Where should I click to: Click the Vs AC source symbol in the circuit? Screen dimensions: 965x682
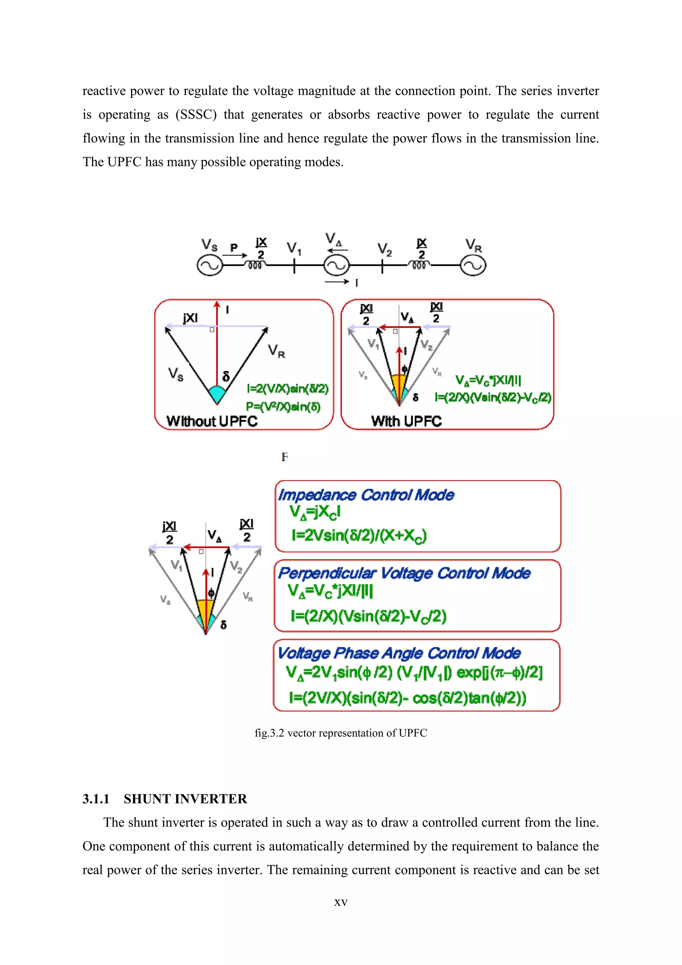pyautogui.click(x=209, y=266)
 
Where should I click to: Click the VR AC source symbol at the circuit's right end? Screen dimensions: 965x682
pyautogui.click(x=473, y=266)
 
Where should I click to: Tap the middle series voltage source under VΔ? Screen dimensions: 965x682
pyautogui.click(x=336, y=266)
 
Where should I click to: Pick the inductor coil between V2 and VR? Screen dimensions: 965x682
pyautogui.click(x=419, y=265)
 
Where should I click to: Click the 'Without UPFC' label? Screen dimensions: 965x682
pyautogui.click(x=212, y=421)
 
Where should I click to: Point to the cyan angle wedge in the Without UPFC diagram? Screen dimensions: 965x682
pyautogui.click(x=217, y=393)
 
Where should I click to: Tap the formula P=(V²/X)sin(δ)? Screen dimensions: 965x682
pyautogui.click(x=283, y=407)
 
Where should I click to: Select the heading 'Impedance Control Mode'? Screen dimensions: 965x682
pyautogui.click(x=366, y=495)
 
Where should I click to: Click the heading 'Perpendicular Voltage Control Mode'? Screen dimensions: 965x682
pyautogui.click(x=404, y=573)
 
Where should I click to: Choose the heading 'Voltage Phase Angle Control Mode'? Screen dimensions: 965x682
pyautogui.click(x=399, y=653)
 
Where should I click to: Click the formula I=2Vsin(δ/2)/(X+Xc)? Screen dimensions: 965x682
pyautogui.click(x=359, y=535)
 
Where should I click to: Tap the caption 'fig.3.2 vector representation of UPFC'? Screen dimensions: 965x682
pyautogui.click(x=341, y=733)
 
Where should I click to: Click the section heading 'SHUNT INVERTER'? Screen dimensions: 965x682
pyautogui.click(x=185, y=799)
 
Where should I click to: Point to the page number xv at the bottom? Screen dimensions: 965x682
pyautogui.click(x=341, y=902)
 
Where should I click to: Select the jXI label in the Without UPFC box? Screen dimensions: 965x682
pyautogui.click(x=190, y=318)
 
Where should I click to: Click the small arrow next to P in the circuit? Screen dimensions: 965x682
pyautogui.click(x=235, y=255)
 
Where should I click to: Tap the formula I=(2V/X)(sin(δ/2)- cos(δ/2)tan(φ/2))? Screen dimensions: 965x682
pyautogui.click(x=407, y=698)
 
